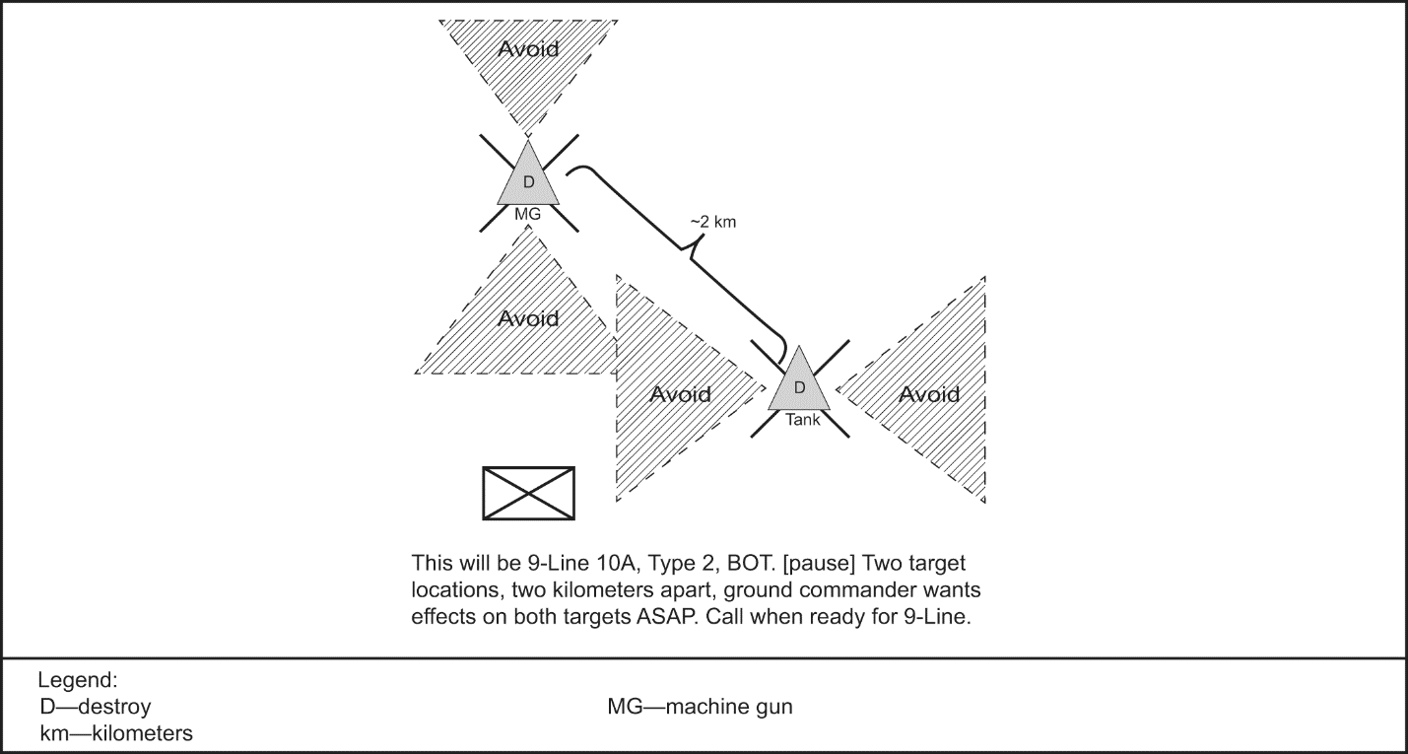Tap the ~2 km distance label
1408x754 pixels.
click(712, 223)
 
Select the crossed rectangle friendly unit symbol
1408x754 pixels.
click(528, 493)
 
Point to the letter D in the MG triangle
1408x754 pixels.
click(528, 182)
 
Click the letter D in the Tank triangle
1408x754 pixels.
click(799, 386)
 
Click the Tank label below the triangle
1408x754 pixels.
click(801, 418)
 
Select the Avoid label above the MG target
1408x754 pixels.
click(528, 48)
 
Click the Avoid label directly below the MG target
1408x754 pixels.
click(528, 318)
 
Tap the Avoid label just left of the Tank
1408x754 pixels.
click(680, 394)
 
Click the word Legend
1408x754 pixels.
click(78, 681)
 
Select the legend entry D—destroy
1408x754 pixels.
click(96, 708)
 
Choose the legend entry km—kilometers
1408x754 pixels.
click(116, 734)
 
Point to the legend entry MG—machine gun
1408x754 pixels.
click(700, 708)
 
